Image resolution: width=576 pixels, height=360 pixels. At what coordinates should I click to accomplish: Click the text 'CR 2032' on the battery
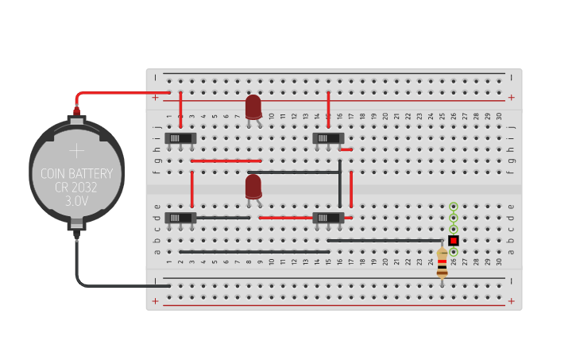pos(76,188)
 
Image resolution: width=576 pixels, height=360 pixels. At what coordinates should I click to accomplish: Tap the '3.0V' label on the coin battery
pos(76,202)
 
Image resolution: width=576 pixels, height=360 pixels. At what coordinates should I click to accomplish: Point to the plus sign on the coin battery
pos(76,150)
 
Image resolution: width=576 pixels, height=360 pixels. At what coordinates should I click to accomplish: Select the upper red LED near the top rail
pos(253,106)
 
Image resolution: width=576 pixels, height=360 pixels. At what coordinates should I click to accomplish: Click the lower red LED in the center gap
pos(253,187)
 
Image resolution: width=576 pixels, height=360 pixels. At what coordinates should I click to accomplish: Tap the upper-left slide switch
pos(180,138)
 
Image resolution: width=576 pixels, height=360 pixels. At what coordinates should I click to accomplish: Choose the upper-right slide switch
pos(328,138)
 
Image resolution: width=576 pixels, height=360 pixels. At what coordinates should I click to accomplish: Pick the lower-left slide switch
pos(180,218)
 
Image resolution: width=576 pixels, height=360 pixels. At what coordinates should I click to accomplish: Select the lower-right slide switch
pos(328,218)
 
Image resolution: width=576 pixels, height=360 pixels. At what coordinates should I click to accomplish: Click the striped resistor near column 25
pos(442,262)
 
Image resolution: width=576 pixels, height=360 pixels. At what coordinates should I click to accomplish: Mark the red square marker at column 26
pos(453,240)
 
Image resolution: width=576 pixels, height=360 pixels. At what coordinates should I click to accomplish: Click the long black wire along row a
pos(254,252)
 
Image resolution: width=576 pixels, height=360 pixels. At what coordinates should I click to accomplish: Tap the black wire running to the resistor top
pos(385,240)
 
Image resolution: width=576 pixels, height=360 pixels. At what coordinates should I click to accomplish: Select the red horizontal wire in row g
pos(226,161)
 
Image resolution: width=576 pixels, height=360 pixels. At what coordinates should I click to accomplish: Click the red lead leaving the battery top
pos(119,93)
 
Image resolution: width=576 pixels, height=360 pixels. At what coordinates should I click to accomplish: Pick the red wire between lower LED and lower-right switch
pos(286,218)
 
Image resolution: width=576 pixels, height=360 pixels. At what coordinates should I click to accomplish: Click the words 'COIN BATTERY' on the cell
pos(76,174)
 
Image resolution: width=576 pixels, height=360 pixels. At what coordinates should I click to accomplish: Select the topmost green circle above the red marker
pos(453,206)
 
